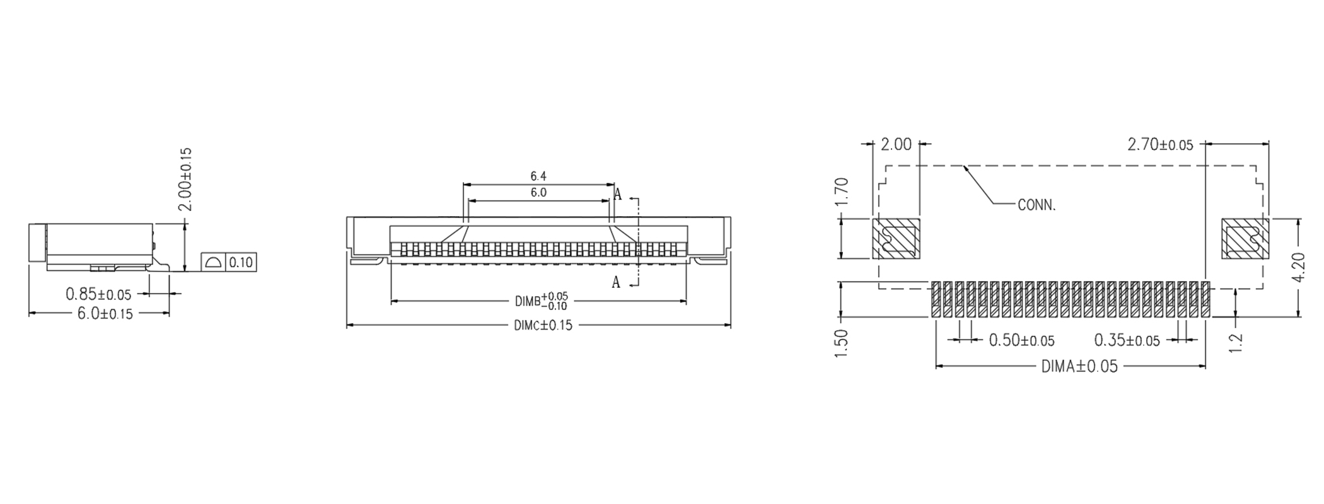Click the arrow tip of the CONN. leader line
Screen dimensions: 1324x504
tap(965, 166)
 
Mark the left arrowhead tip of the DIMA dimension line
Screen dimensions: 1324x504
tap(936, 365)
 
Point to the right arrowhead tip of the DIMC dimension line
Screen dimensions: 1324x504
tap(731, 325)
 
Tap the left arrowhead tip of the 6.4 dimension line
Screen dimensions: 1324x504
tap(463, 185)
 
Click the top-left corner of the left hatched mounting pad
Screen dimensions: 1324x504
tap(873, 219)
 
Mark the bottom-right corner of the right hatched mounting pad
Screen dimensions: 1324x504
tap(1269, 258)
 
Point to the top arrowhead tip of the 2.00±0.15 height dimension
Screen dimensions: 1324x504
tap(184, 224)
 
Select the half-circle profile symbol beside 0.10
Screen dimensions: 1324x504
tap(213, 261)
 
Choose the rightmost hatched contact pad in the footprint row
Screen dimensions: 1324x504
tap(1205, 299)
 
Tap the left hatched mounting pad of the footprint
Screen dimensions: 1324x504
tap(897, 238)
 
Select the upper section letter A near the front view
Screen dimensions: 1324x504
tap(618, 195)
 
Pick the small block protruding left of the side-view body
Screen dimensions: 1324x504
tap(38, 243)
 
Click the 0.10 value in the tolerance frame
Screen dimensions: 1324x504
tap(240, 262)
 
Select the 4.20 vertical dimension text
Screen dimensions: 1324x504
tap(1299, 268)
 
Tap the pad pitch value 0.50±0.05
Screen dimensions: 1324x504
tap(1021, 341)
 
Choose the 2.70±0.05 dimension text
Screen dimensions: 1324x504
tap(1160, 145)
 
